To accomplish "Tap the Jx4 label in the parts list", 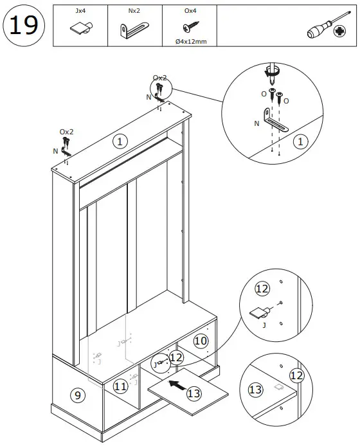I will [x=80, y=11].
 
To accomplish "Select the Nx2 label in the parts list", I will [x=134, y=11].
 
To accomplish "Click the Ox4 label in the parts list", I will [x=190, y=11].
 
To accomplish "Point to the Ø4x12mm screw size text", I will [x=190, y=41].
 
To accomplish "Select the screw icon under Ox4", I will [x=190, y=28].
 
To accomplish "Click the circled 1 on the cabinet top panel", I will [x=118, y=141].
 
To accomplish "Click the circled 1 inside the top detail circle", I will [x=300, y=141].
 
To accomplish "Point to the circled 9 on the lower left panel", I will [x=76, y=395].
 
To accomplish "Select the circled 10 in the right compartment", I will [x=201, y=341].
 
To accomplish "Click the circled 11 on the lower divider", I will [x=120, y=386].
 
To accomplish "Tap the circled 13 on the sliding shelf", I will [x=194, y=392].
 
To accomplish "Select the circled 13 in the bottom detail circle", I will [x=256, y=389].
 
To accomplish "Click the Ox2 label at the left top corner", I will [x=67, y=132].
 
